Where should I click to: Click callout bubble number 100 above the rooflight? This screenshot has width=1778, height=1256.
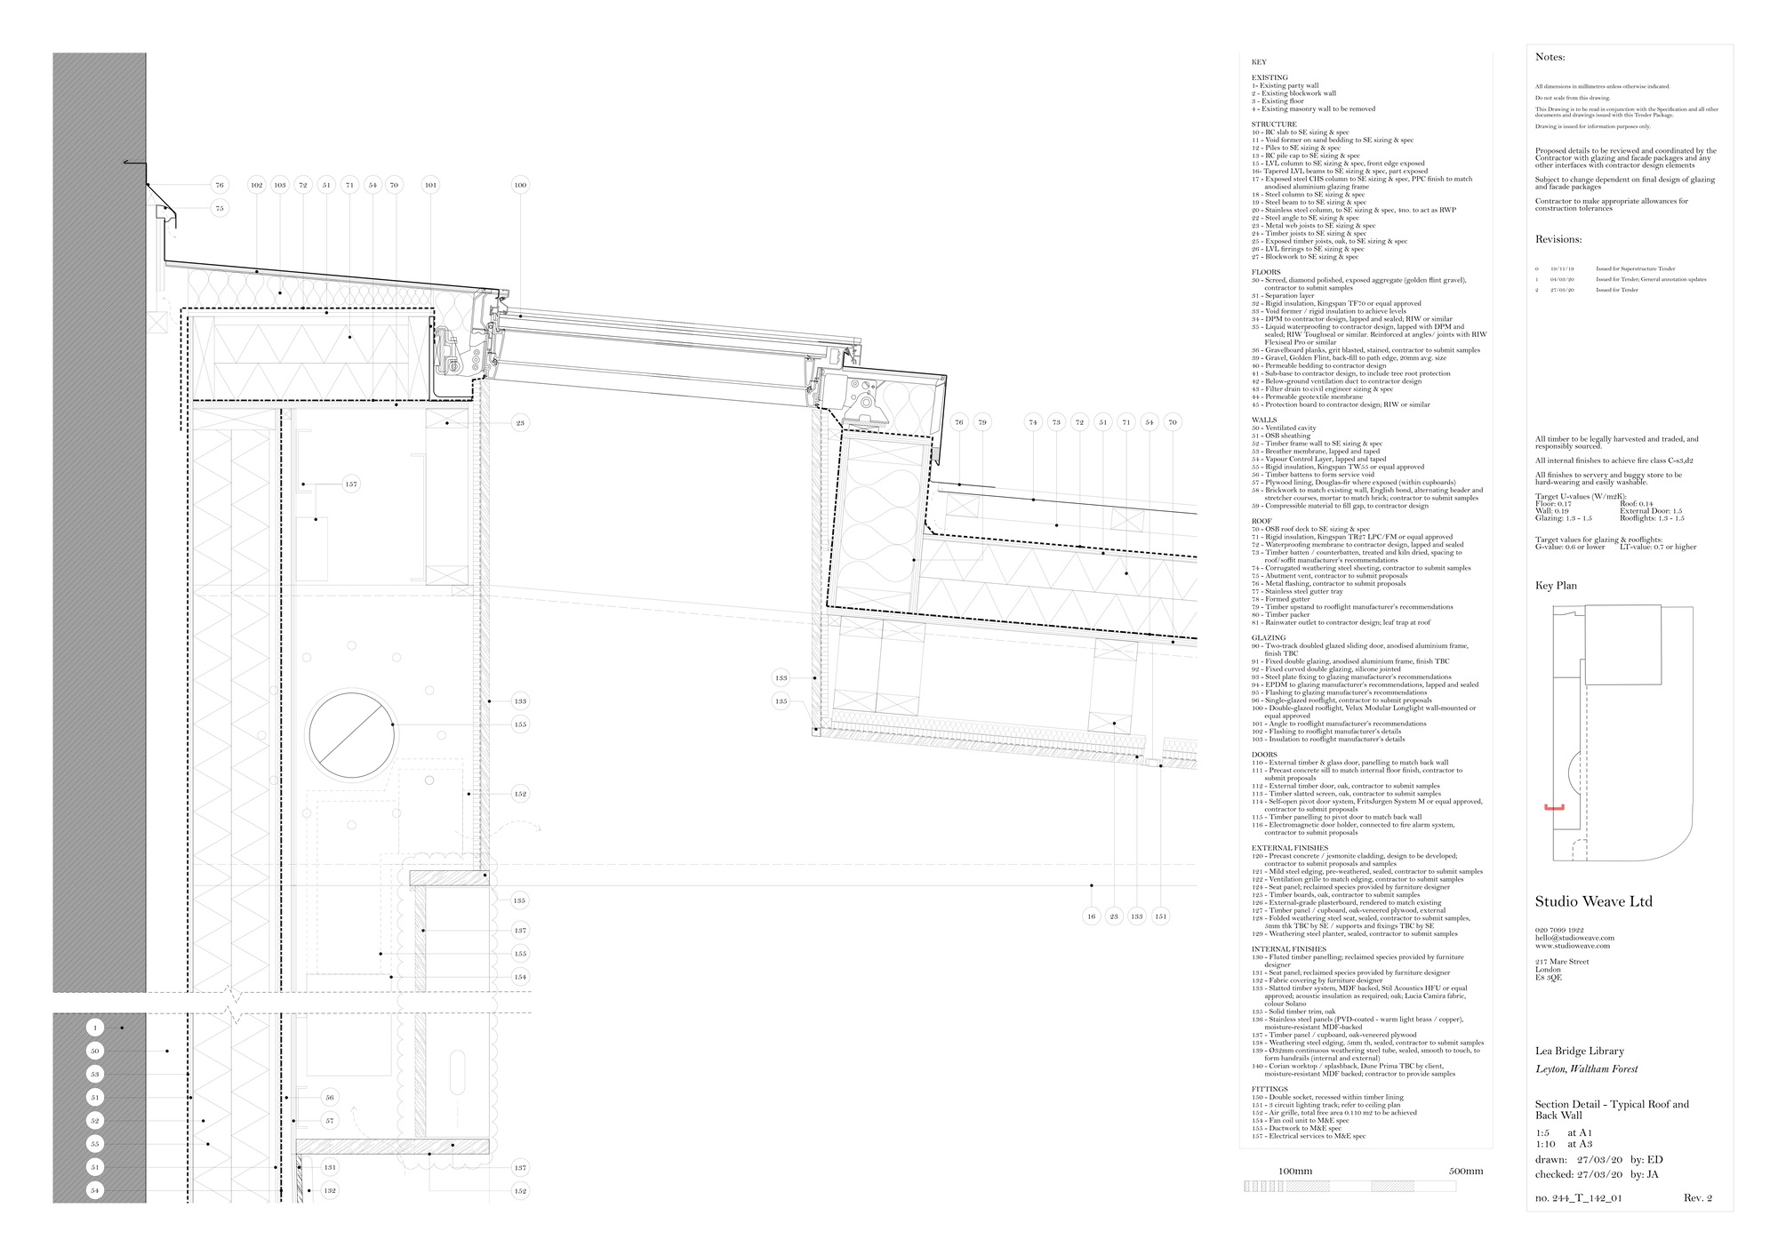520,185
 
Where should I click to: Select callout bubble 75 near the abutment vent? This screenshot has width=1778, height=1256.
219,208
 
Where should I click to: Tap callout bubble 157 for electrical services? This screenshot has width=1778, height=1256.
351,484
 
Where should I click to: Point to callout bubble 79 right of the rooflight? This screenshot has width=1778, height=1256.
981,422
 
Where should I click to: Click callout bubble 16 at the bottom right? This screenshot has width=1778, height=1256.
1092,916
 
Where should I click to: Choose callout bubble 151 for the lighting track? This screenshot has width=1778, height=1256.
1161,916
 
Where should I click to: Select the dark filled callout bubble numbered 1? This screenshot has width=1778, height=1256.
96,1028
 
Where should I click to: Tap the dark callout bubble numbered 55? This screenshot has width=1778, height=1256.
96,1143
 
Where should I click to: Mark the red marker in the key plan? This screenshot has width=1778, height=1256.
1553,807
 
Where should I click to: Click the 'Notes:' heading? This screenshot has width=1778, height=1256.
1550,58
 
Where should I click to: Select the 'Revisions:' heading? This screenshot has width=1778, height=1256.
1558,240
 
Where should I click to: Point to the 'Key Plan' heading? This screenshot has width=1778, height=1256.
1556,586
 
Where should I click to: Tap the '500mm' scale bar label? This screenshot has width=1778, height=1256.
1466,1171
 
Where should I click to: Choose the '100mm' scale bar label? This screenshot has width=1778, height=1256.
1295,1171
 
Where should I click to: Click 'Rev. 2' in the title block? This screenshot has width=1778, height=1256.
1697,1198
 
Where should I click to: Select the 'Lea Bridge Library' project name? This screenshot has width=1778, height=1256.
1580,1051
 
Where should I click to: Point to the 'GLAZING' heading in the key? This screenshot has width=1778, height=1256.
1269,638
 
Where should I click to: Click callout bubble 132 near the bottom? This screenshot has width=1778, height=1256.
330,1190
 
